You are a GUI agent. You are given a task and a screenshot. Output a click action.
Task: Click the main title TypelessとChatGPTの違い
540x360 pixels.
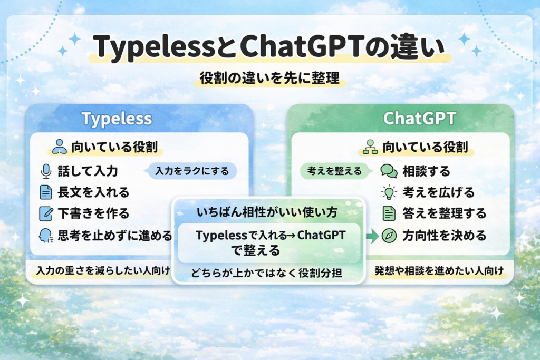(269, 47)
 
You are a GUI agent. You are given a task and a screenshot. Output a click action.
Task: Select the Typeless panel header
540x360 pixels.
(117, 119)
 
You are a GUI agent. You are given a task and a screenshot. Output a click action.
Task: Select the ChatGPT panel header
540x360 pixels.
(419, 119)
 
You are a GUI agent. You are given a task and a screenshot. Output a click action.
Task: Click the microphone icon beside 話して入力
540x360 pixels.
(46, 171)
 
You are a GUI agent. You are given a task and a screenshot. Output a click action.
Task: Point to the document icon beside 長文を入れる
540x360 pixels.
(46, 192)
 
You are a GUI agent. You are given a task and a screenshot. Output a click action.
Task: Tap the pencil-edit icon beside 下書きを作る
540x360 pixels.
(46, 213)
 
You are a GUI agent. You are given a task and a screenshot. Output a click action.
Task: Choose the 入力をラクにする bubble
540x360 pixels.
(192, 171)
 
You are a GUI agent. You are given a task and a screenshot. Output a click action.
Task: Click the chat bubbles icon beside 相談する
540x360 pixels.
(389, 171)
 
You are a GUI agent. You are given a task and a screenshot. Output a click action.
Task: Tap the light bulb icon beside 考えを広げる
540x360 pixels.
(389, 192)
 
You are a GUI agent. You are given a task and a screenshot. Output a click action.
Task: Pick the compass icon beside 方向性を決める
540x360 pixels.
(389, 235)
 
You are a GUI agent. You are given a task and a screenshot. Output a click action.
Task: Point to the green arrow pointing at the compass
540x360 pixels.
(372, 236)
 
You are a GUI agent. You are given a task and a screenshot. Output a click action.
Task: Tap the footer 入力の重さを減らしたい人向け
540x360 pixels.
(103, 271)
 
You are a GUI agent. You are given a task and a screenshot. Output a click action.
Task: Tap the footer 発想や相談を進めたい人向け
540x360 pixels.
(437, 271)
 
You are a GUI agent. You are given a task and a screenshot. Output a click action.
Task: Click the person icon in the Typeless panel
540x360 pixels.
(60, 146)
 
